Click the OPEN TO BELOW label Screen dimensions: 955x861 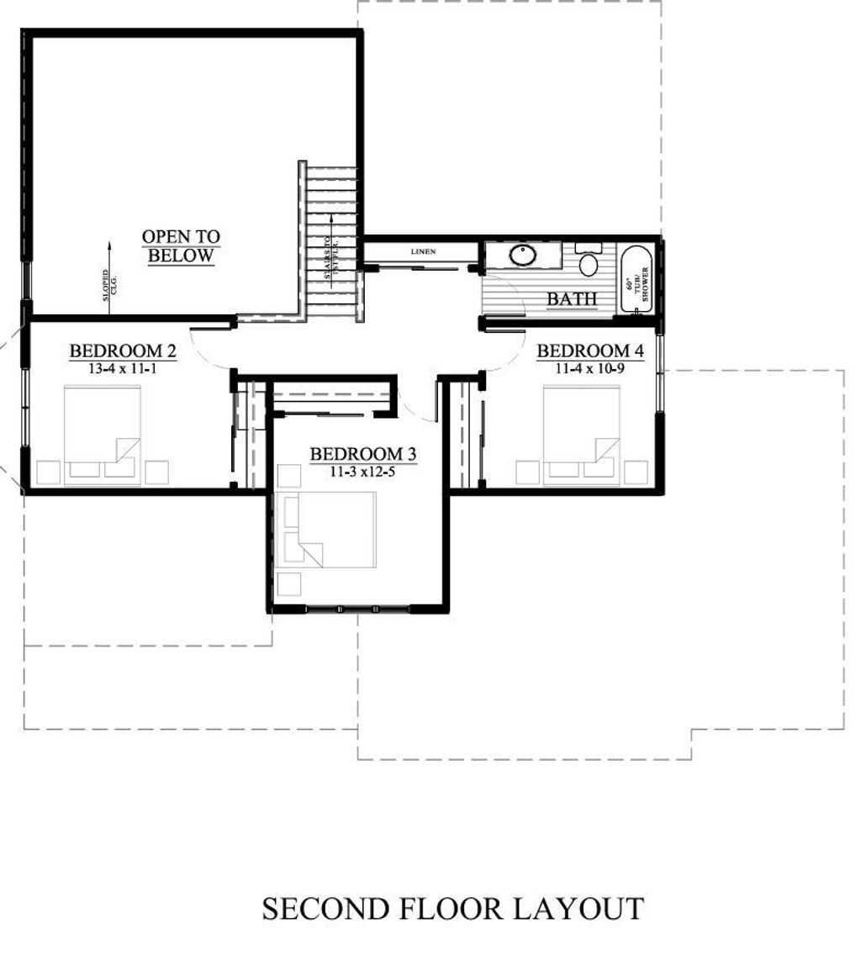(x=181, y=246)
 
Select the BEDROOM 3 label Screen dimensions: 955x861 (x=362, y=454)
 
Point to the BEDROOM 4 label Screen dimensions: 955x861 (x=589, y=351)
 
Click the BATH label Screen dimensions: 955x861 (x=572, y=298)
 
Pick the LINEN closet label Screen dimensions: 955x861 (x=423, y=252)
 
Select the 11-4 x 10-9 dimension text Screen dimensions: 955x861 (x=589, y=367)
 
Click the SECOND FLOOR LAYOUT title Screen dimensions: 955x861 (x=452, y=909)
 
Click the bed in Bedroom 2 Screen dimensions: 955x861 (x=103, y=435)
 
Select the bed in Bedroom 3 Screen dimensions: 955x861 (x=328, y=530)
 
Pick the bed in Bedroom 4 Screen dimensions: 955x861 (x=581, y=435)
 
